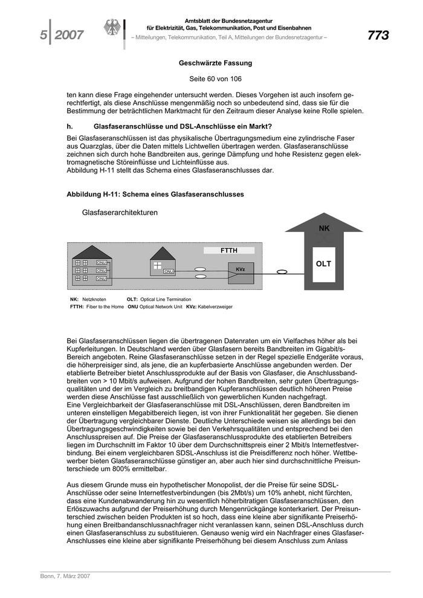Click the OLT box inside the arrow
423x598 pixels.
[323, 264]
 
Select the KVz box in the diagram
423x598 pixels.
[240, 269]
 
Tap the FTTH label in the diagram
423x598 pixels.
[228, 250]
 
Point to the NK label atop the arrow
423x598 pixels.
[324, 228]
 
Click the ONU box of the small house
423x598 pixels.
[169, 272]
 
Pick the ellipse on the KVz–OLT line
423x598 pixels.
[281, 272]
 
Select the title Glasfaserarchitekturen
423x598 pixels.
[120, 213]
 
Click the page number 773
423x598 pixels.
[378, 35]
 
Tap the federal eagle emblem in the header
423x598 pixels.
[112, 28]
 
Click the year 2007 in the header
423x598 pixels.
[69, 35]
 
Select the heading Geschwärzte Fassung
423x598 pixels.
[215, 63]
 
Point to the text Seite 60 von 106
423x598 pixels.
[215, 79]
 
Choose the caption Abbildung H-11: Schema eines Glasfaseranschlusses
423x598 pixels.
[155, 194]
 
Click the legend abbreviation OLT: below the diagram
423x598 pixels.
[132, 299]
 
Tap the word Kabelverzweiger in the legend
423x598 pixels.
[215, 307]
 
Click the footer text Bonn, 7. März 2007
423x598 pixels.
[61, 576]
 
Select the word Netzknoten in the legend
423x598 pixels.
[94, 299]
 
